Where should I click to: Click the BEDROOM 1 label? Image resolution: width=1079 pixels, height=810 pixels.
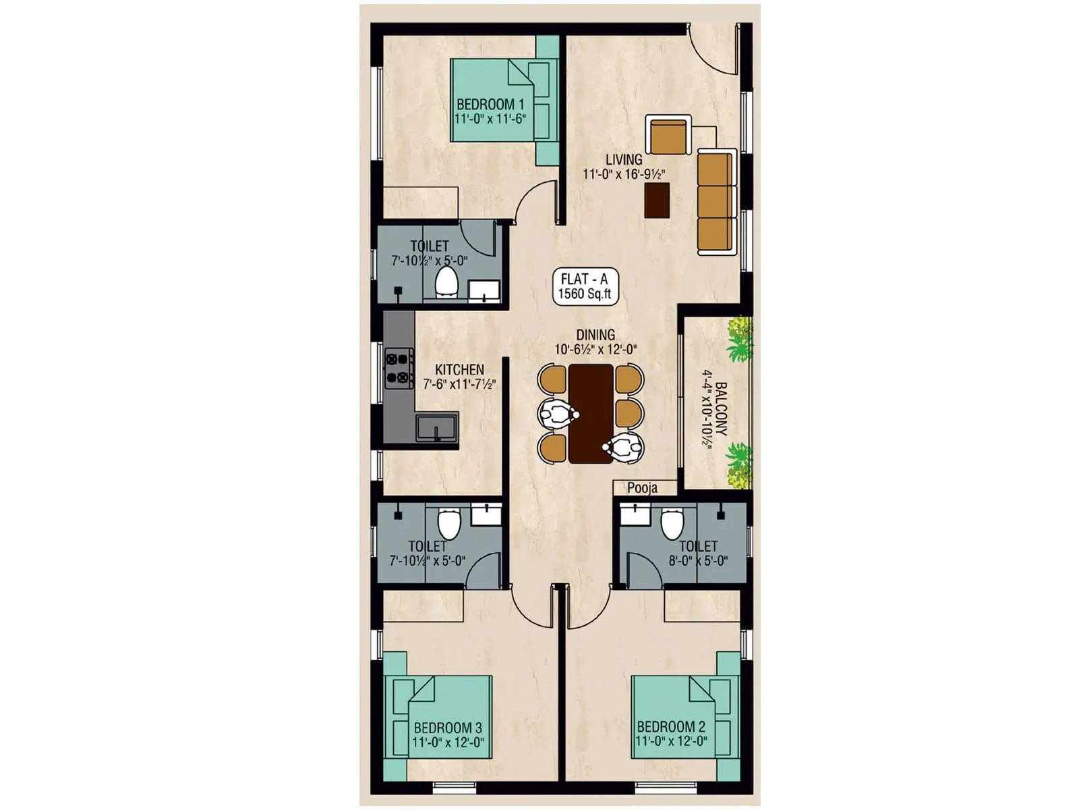[x=490, y=105]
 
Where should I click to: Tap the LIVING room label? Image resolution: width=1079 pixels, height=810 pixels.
[x=624, y=160]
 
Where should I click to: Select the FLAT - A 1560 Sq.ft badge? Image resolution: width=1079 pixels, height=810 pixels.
[x=584, y=286]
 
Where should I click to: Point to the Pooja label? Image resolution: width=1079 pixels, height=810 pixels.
[x=642, y=488]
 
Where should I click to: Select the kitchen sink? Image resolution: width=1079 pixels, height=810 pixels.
[x=436, y=427]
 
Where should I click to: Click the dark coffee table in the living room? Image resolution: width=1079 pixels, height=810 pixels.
[x=657, y=200]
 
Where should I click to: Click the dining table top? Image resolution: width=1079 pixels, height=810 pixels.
[x=591, y=413]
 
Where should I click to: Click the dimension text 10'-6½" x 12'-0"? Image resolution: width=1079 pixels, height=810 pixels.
[x=595, y=350]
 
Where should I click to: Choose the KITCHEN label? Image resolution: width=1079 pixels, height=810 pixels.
[x=459, y=370]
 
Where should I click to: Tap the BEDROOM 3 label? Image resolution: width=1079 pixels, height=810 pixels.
[x=448, y=728]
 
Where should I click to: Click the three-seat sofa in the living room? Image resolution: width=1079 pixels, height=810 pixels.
[x=715, y=201]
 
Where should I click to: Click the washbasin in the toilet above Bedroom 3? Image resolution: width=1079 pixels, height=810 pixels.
[x=486, y=516]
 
